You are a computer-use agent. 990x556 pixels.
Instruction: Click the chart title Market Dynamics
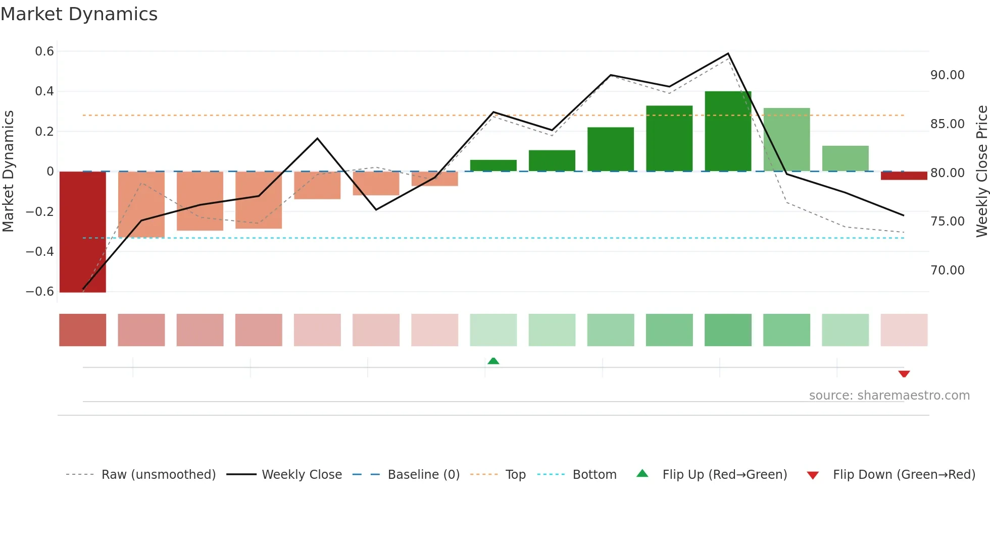click(79, 14)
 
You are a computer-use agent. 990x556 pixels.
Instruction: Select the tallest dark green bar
click(728, 131)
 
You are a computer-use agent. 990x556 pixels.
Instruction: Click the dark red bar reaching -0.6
click(83, 232)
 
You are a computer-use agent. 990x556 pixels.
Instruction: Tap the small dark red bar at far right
click(904, 176)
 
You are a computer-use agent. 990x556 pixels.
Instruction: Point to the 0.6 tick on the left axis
click(44, 51)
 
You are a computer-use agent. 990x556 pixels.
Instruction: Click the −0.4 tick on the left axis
click(40, 251)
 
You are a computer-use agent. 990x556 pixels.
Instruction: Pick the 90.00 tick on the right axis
click(948, 75)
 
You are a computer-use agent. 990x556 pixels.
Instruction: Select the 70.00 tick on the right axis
click(948, 270)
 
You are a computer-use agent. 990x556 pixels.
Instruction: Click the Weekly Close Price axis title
click(981, 172)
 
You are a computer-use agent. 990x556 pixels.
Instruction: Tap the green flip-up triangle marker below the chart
click(493, 361)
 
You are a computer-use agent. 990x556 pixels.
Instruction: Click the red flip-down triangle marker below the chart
click(904, 374)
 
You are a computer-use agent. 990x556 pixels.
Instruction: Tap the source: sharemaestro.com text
click(889, 396)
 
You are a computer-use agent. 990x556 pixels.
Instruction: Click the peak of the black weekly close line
click(728, 53)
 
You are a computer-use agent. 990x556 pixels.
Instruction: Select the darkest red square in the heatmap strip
click(83, 330)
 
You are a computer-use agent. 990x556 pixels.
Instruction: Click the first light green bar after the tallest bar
click(786, 140)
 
